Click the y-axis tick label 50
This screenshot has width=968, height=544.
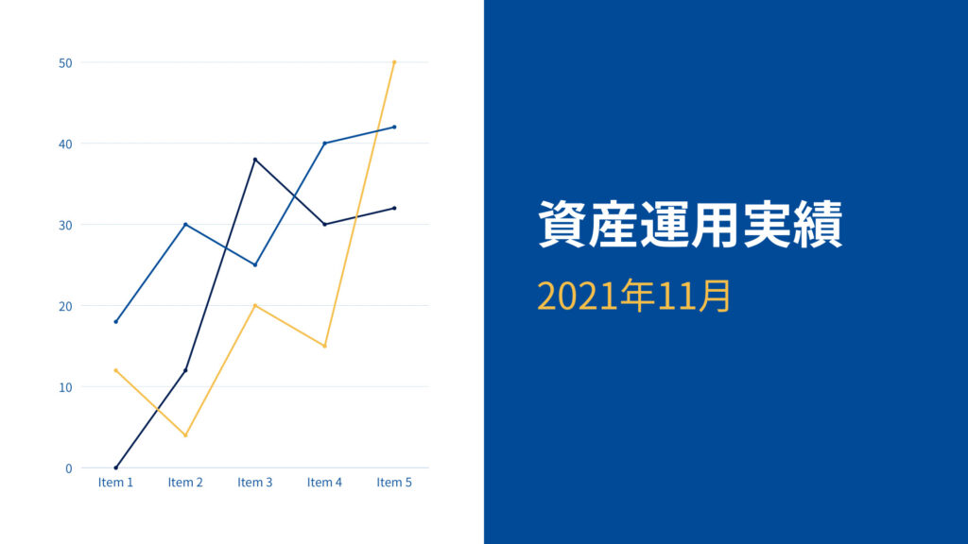(65, 63)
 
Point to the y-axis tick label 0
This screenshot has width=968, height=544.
(68, 468)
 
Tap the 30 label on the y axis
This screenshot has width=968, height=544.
(65, 225)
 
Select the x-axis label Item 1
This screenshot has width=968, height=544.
(115, 483)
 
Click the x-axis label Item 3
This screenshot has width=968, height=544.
(255, 483)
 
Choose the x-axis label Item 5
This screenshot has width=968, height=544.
(394, 483)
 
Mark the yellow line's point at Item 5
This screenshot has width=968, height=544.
(394, 62)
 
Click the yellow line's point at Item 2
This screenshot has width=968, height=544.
(185, 435)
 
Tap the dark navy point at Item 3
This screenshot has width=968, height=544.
(255, 160)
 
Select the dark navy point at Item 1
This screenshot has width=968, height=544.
(115, 467)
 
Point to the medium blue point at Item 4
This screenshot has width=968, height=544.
(325, 144)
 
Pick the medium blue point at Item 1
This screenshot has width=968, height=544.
(115, 322)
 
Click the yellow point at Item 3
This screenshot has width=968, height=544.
(255, 305)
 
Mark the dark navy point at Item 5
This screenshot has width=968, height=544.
(394, 209)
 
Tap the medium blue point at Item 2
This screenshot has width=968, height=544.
(185, 225)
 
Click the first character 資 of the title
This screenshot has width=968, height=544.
(562, 224)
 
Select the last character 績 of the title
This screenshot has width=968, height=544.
(818, 224)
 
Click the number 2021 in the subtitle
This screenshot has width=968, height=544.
(578, 296)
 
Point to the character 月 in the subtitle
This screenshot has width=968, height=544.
(715, 296)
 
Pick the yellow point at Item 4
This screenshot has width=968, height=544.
(325, 346)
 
